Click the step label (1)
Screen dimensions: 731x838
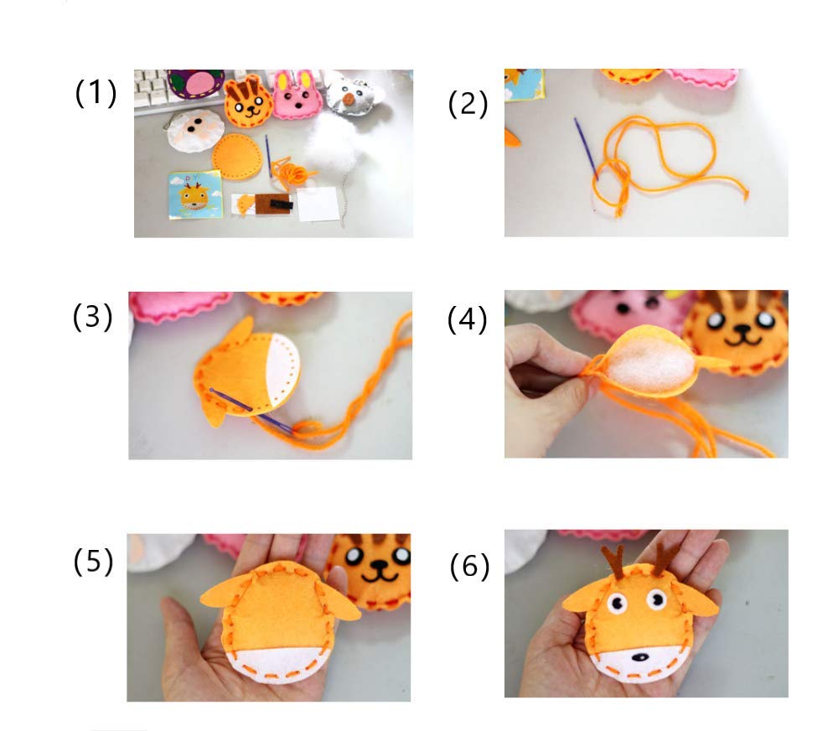(x=96, y=93)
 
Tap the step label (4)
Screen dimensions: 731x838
(x=467, y=321)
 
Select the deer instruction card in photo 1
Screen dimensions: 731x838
(x=194, y=194)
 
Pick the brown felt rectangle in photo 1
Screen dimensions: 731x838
(x=271, y=204)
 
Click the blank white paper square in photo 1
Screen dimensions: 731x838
(x=318, y=204)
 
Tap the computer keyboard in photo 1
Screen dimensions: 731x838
(x=152, y=93)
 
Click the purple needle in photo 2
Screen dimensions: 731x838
(x=586, y=148)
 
